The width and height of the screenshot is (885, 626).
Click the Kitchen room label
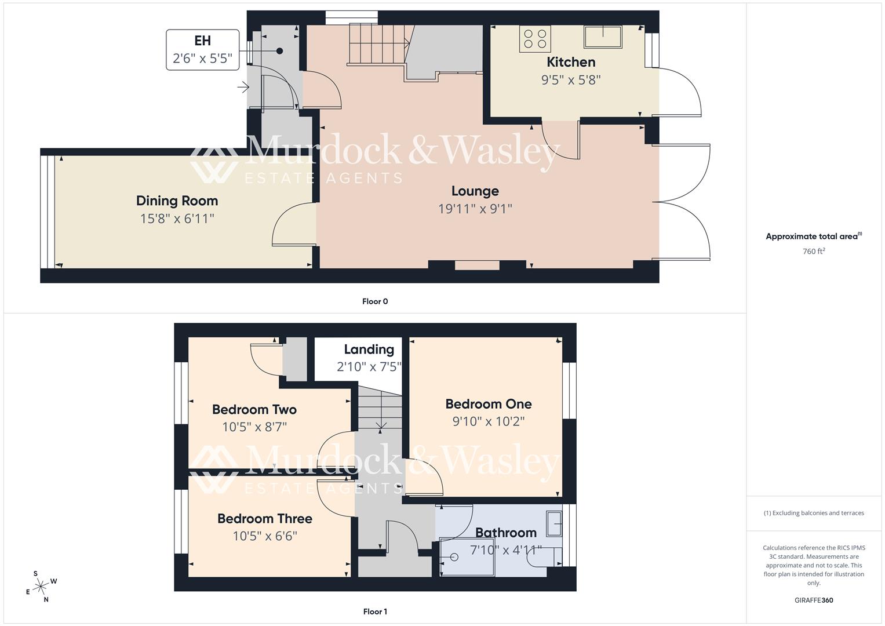[571, 62]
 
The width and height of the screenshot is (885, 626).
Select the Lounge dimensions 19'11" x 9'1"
[475, 209]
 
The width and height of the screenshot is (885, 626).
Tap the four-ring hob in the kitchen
[534, 39]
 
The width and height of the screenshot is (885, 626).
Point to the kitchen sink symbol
[603, 37]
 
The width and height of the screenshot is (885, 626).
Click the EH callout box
[202, 50]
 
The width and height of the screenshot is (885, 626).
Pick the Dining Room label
[177, 201]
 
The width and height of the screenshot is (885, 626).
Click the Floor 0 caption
[374, 301]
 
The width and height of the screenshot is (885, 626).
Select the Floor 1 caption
[374, 612]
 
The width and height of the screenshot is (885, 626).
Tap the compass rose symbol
[41, 587]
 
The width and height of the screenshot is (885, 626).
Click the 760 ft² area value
[814, 252]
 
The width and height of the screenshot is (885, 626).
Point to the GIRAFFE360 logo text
[814, 600]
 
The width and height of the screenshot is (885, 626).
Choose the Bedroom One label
[488, 404]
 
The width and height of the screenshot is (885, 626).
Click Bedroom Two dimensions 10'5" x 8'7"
[254, 427]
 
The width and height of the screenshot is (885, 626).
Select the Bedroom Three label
[264, 519]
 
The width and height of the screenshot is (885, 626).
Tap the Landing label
[369, 350]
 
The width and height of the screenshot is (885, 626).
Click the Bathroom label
[505, 533]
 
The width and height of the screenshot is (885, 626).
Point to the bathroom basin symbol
[554, 524]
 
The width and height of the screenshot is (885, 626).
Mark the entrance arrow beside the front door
[243, 88]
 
